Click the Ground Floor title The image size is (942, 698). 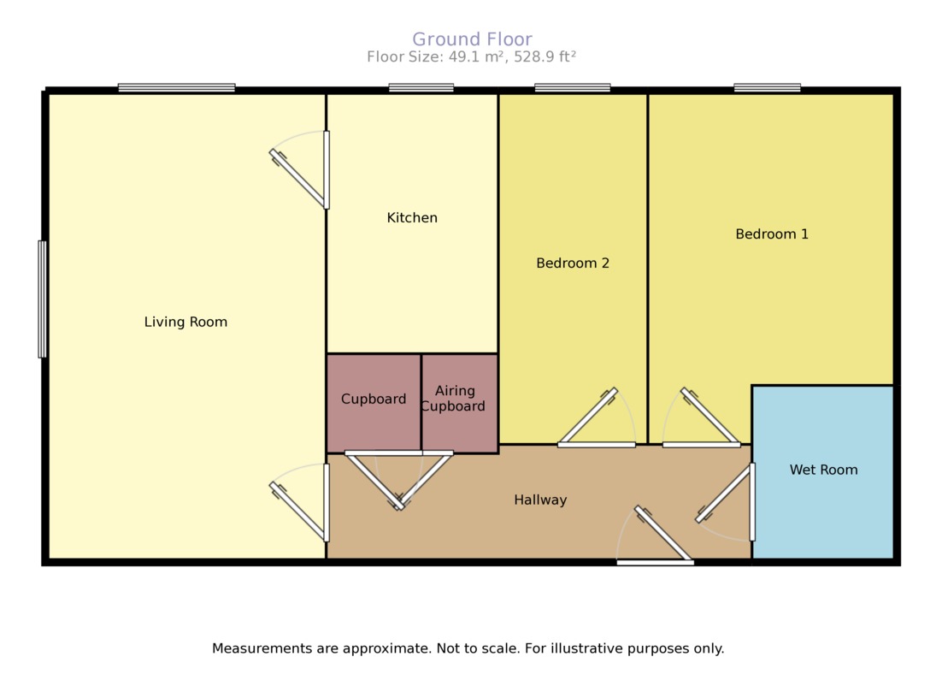(x=472, y=39)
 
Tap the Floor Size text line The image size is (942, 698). (x=472, y=57)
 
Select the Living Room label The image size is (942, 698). (x=185, y=322)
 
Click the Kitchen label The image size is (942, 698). (x=412, y=218)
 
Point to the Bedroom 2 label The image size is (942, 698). (x=573, y=263)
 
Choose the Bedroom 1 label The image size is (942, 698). (x=772, y=234)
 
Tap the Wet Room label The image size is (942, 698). (x=823, y=470)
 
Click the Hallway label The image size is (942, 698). (x=540, y=500)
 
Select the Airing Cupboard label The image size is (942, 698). (x=454, y=399)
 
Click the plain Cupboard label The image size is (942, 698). (x=374, y=399)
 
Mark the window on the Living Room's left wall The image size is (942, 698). (x=42, y=299)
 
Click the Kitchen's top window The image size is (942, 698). (x=421, y=87)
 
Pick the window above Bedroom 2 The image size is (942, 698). (x=573, y=87)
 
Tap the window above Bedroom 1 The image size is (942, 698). (x=767, y=87)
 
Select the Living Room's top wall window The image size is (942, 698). (x=176, y=87)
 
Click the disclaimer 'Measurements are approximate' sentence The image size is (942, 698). (x=468, y=648)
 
